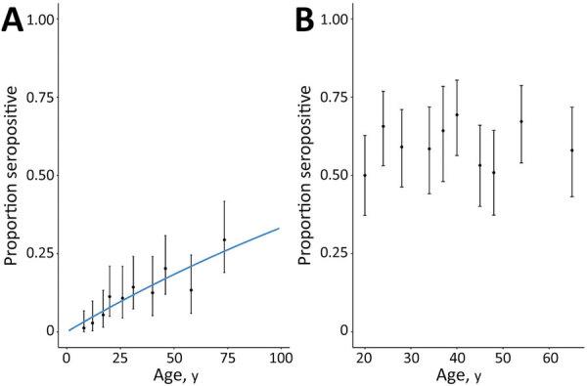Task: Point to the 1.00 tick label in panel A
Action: click(40, 19)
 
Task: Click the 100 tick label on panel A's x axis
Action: click(280, 358)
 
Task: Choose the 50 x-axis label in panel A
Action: click(173, 358)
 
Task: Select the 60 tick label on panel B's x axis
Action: click(552, 358)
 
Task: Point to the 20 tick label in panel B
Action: click(365, 358)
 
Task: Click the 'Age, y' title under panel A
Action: click(173, 375)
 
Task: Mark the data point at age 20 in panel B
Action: click(365, 175)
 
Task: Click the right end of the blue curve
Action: click(280, 229)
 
